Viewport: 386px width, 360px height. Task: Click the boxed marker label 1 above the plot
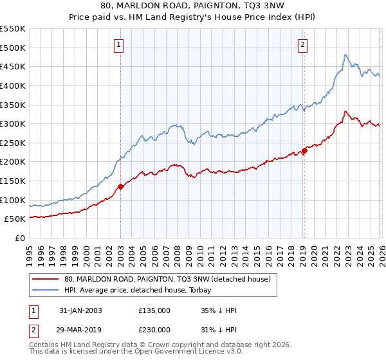pyautogui.click(x=120, y=44)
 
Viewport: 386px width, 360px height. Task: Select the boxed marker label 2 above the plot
pyautogui.click(x=302, y=44)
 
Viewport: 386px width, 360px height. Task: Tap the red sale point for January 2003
pyautogui.click(x=120, y=186)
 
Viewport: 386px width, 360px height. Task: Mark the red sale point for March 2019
pyautogui.click(x=304, y=152)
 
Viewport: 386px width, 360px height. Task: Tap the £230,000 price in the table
pyautogui.click(x=154, y=329)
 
